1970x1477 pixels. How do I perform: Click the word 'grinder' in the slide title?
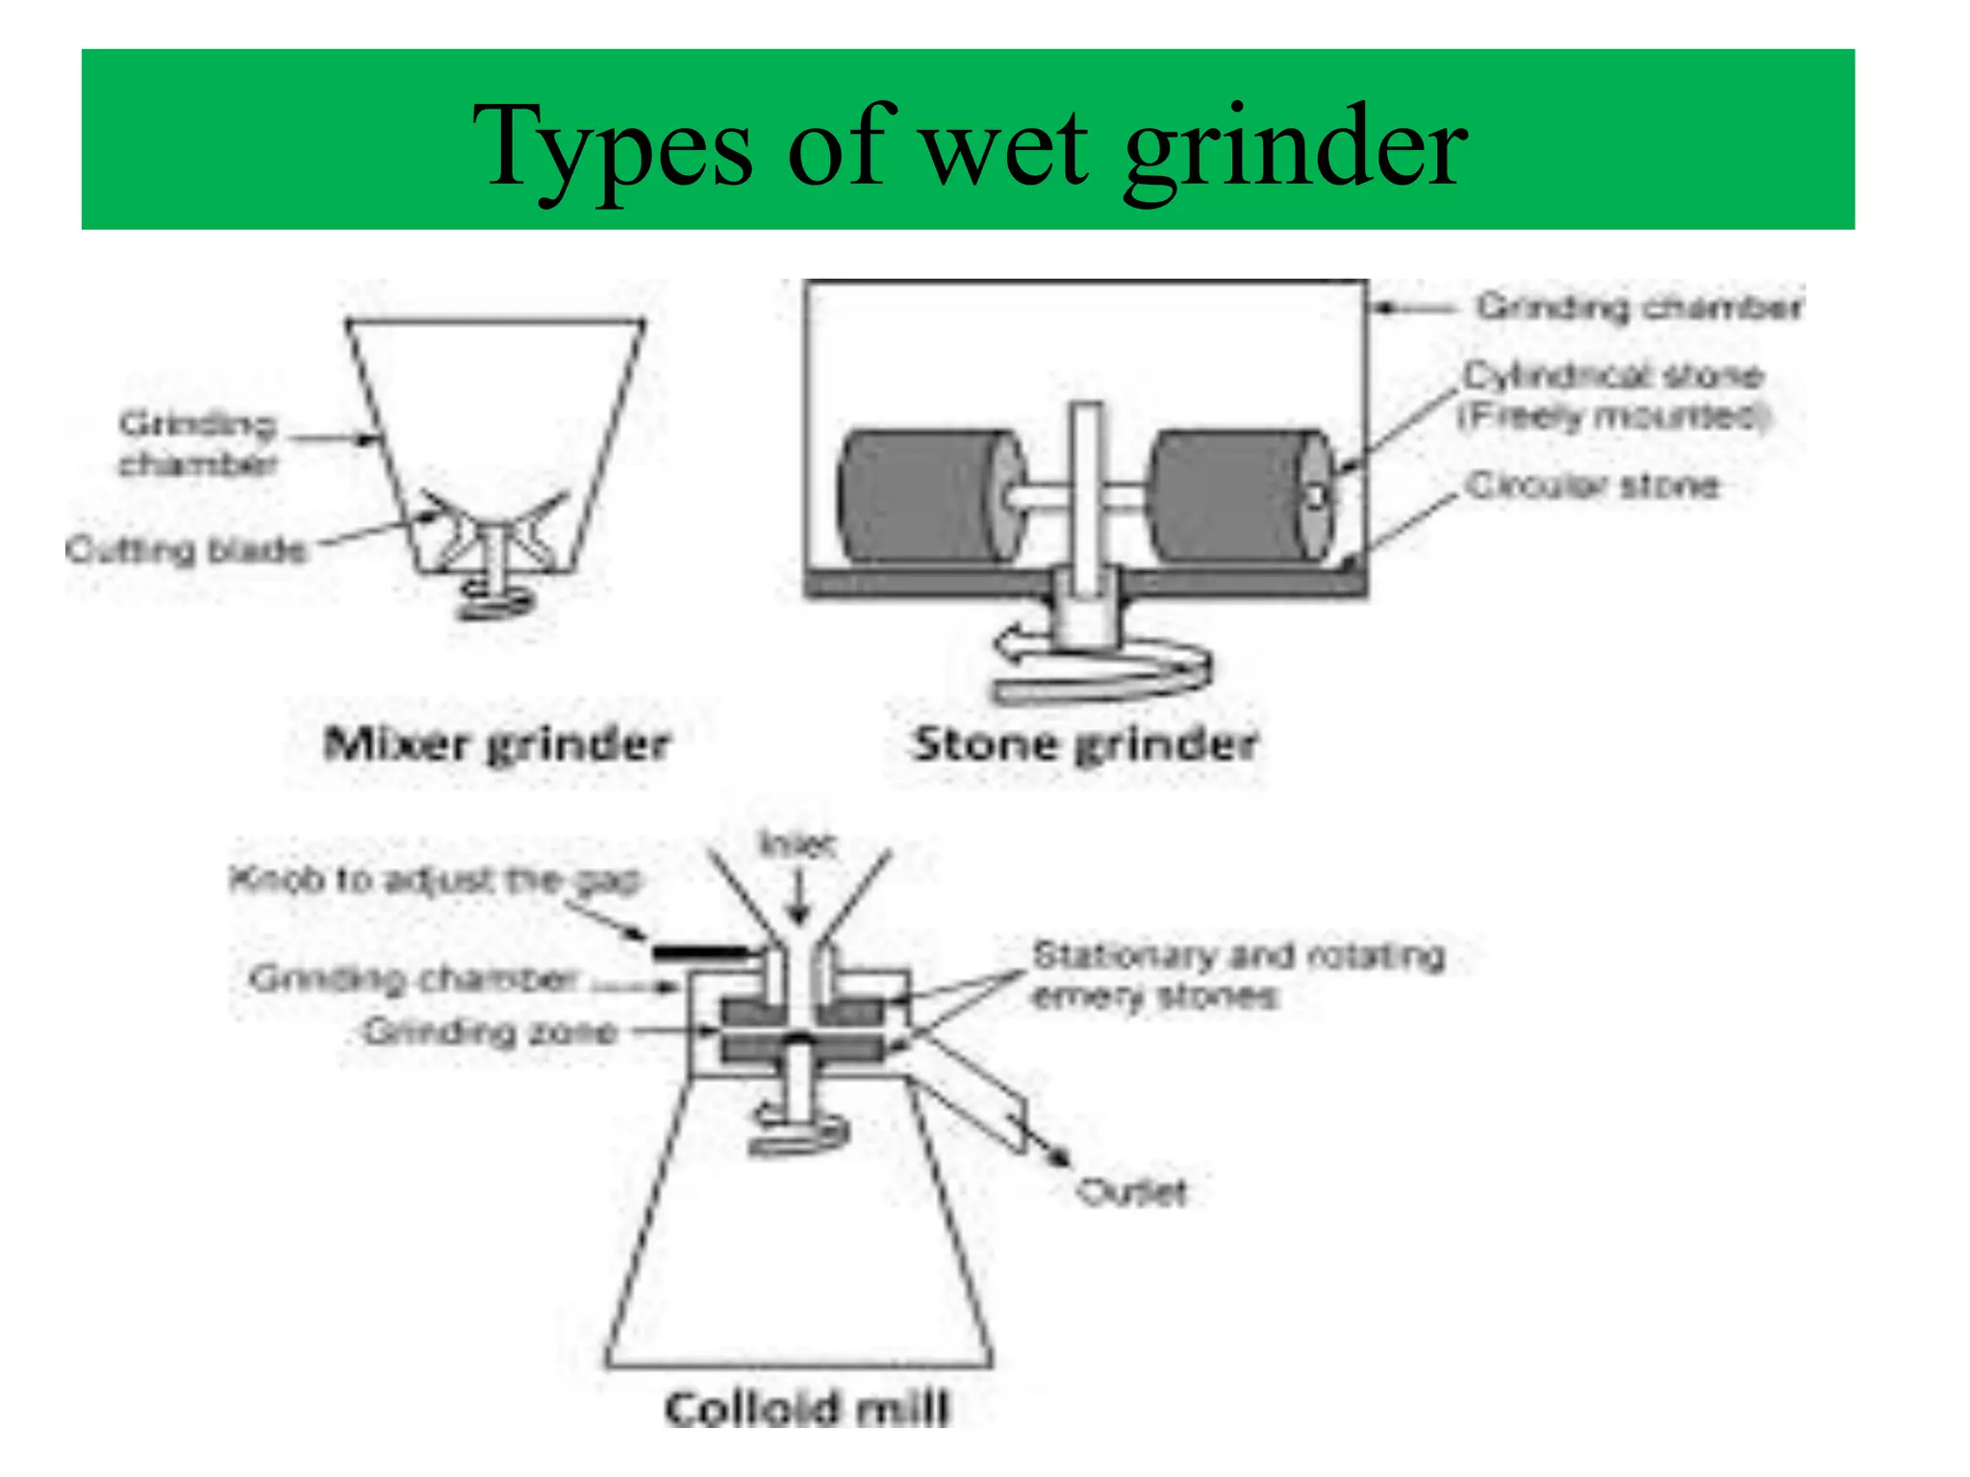click(x=1294, y=149)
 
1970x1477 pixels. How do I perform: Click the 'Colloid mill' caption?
click(x=806, y=1410)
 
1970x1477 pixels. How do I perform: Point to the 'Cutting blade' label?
click(x=187, y=550)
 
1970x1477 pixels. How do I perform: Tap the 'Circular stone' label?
click(x=1592, y=486)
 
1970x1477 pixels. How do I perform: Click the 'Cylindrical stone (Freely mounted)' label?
click(x=1613, y=395)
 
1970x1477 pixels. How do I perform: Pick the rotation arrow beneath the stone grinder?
click(x=1101, y=668)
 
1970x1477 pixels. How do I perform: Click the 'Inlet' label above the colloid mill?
click(x=797, y=845)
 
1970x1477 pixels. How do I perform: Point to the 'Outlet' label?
click(x=1132, y=1192)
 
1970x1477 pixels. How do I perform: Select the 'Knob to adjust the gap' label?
click(x=435, y=880)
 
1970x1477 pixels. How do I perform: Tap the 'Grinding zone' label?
click(x=491, y=1032)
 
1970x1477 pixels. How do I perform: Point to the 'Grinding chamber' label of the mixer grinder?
click(x=197, y=443)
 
